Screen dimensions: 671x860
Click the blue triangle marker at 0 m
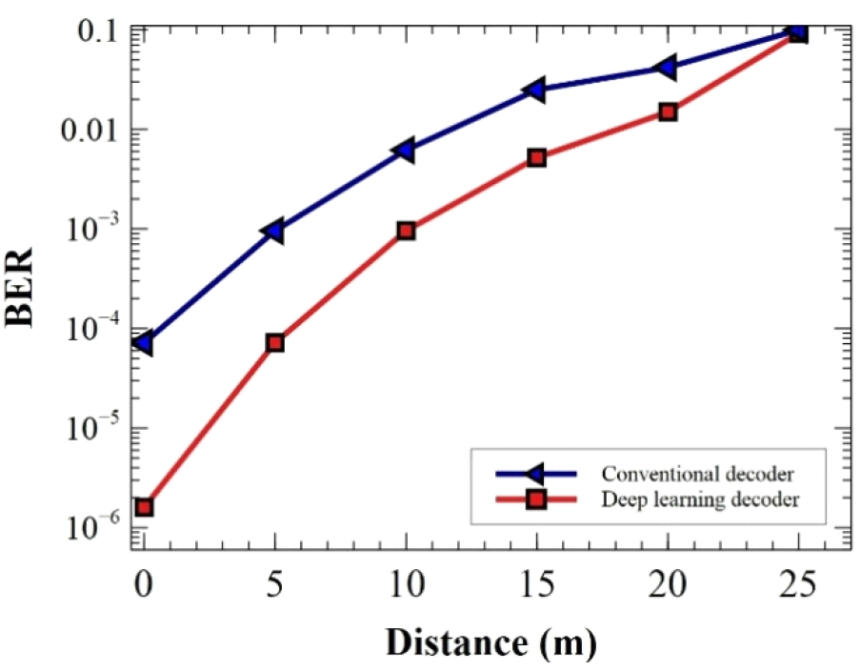click(144, 342)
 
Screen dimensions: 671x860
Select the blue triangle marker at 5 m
click(274, 230)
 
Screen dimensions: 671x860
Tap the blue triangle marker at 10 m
click(405, 149)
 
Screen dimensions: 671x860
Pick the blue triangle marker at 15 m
click(535, 90)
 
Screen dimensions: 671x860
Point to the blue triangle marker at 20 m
click(667, 67)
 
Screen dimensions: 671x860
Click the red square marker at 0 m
click(144, 507)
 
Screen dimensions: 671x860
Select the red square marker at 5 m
click(275, 342)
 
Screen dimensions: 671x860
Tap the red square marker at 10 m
click(406, 230)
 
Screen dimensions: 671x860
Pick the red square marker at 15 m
click(536, 157)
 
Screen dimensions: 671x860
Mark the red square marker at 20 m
click(668, 112)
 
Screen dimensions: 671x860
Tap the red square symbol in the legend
click(536, 498)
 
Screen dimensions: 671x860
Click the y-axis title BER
click(21, 287)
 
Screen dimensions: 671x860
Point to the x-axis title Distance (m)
click(490, 643)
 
